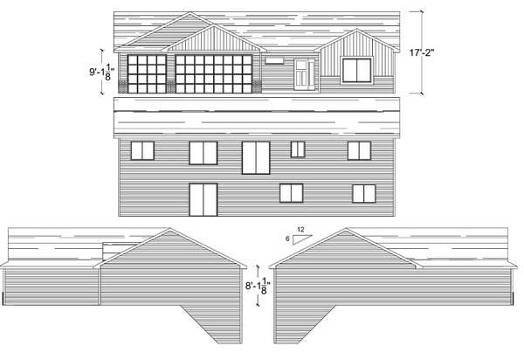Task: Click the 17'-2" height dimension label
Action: coord(422,52)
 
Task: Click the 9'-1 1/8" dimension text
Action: coord(101,72)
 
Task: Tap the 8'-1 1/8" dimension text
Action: coord(258,286)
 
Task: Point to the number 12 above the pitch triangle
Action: coord(300,230)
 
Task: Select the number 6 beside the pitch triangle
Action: coord(287,239)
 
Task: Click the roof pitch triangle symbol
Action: coord(302,239)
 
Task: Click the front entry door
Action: coord(302,74)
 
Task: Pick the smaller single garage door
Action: coord(147,74)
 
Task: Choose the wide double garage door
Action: coord(214,74)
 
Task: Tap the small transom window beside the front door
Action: coord(274,60)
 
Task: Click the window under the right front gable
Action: coord(357,70)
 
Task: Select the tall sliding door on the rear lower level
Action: coord(203,199)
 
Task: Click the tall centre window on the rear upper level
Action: coord(256,158)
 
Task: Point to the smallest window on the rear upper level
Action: coord(298,149)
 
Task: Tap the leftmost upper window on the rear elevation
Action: coord(142,151)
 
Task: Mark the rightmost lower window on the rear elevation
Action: coord(364,193)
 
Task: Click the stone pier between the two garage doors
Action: coord(171,87)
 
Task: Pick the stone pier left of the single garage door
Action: coord(123,87)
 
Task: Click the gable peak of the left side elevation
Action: coord(169,229)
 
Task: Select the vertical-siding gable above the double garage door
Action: coord(214,40)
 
